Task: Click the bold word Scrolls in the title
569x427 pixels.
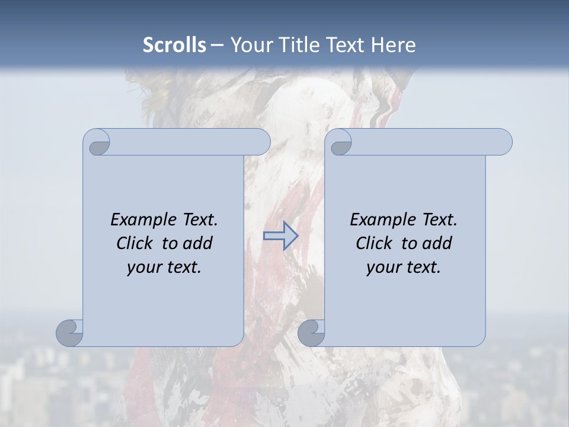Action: (174, 45)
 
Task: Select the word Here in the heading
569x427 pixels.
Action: (394, 45)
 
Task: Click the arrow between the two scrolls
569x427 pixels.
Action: (280, 235)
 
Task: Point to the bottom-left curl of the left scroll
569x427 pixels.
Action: (69, 332)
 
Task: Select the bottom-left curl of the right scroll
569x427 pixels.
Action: (311, 332)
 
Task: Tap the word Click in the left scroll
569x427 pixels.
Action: (136, 243)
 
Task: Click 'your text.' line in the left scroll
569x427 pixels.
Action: (164, 267)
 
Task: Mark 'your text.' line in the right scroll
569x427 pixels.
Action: (404, 267)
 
